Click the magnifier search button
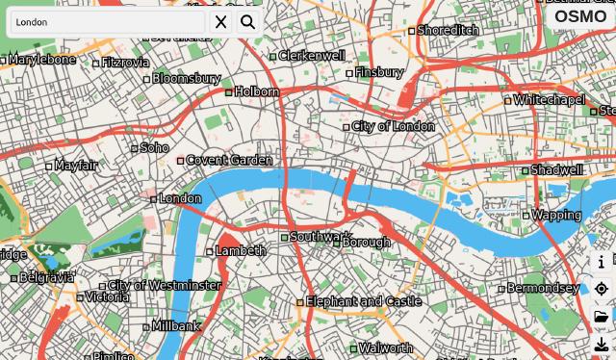[x=248, y=22]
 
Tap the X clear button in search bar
[x=221, y=22]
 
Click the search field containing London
[x=106, y=22]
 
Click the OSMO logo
[x=580, y=16]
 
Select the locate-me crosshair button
[x=602, y=289]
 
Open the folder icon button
[x=602, y=317]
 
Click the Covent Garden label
[x=229, y=160]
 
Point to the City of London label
[x=394, y=126]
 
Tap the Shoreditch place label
[x=449, y=30]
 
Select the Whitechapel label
[x=550, y=100]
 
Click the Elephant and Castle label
[x=364, y=301]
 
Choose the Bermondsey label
[x=543, y=288]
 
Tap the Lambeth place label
[x=241, y=250]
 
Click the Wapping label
[x=556, y=215]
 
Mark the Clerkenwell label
[x=312, y=56]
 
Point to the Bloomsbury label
[x=187, y=78]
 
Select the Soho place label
[x=155, y=148]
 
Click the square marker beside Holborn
[x=229, y=92]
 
